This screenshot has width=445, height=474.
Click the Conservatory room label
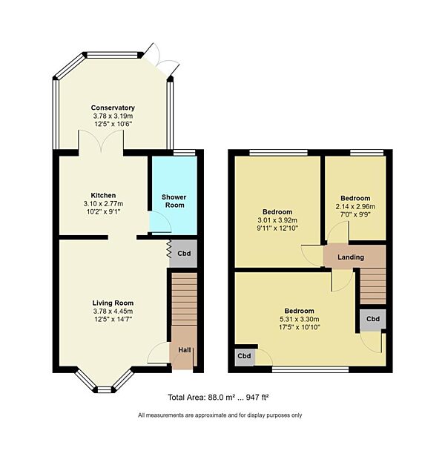tap(113, 108)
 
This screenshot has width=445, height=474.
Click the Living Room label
tap(113, 303)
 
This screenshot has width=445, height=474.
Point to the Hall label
tap(182, 349)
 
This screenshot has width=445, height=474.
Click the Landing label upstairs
tap(351, 257)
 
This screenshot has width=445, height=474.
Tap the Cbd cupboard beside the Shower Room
tap(183, 252)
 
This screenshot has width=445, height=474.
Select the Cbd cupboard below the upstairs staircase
tap(372, 319)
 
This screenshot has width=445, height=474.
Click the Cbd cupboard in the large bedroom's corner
tap(245, 356)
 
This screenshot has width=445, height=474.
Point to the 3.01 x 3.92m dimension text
tap(276, 220)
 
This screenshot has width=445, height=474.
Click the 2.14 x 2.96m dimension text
tap(355, 207)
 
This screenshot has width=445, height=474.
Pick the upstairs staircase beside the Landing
tap(372, 286)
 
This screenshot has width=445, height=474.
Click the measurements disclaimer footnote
tap(220, 415)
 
